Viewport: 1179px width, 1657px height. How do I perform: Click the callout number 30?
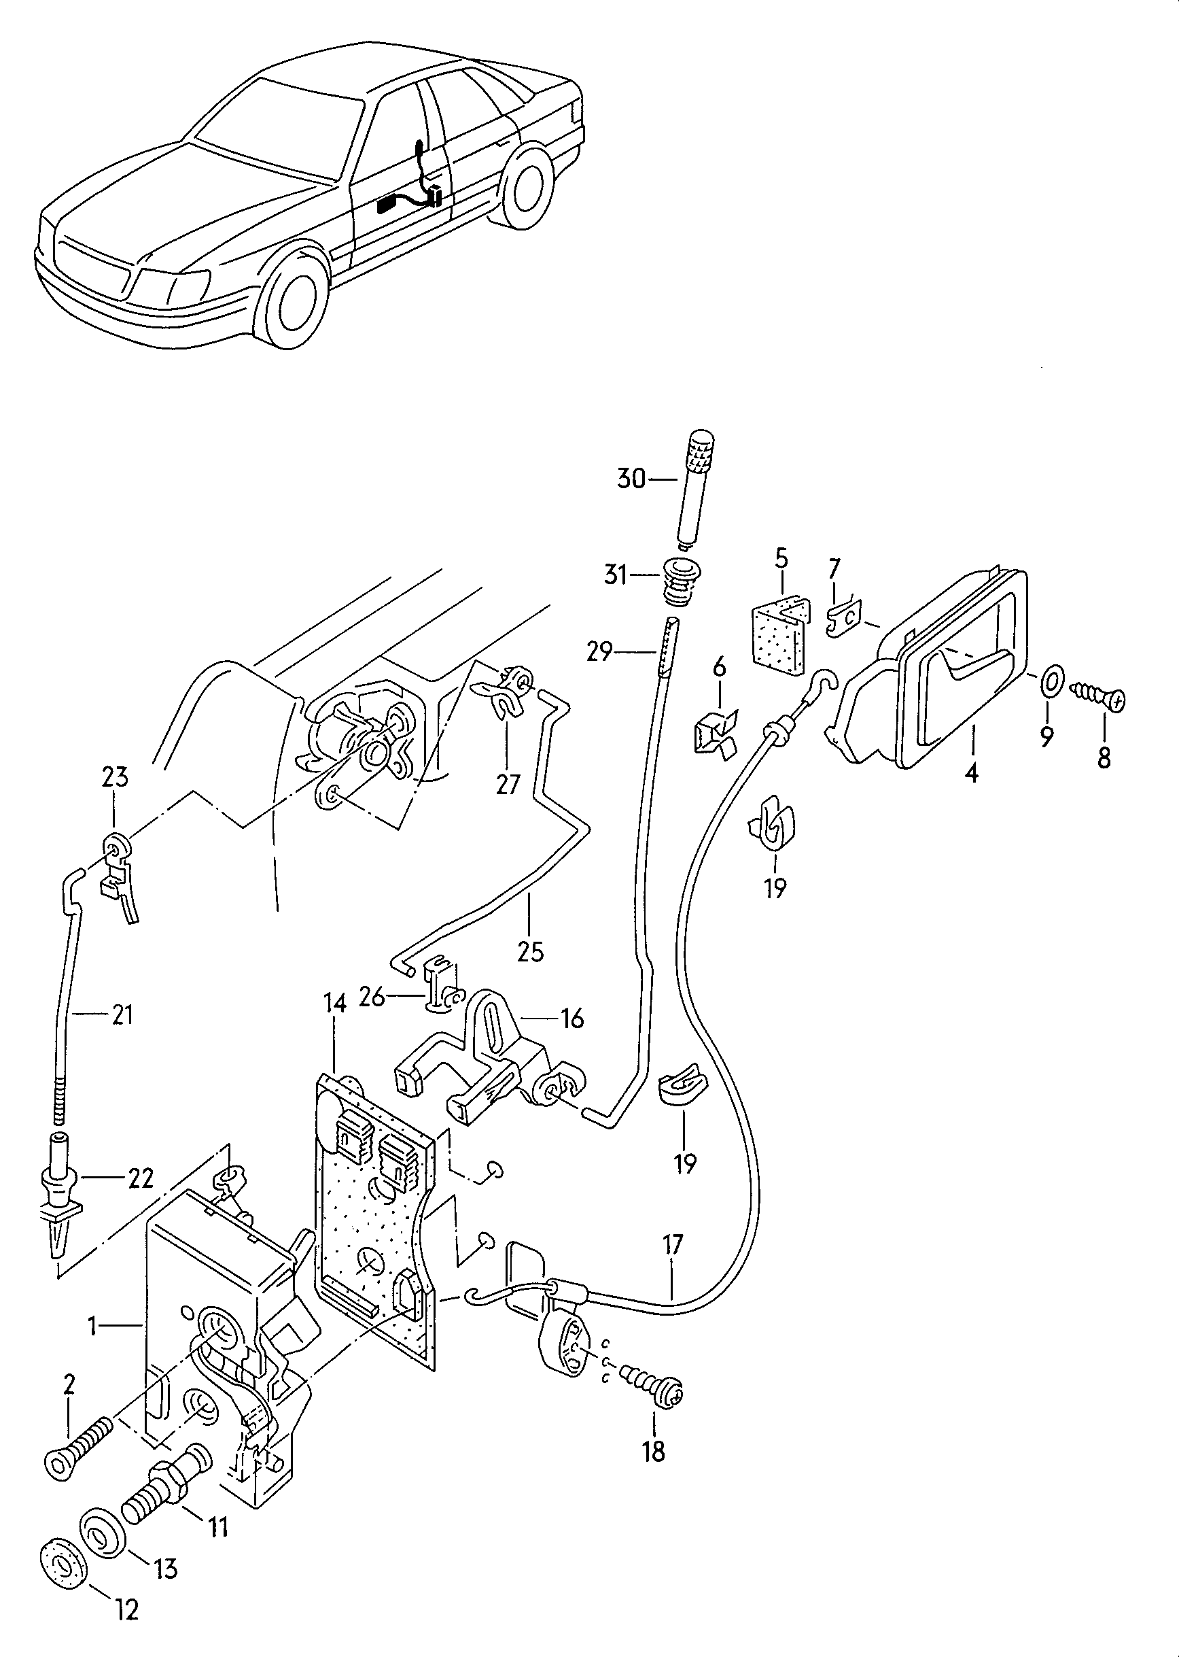click(x=630, y=479)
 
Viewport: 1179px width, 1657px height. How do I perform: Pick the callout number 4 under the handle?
click(x=971, y=773)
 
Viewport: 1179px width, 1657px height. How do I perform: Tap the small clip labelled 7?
click(x=843, y=618)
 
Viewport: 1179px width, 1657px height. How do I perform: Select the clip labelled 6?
click(x=716, y=733)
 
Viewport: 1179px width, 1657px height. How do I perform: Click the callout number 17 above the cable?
click(x=673, y=1245)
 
